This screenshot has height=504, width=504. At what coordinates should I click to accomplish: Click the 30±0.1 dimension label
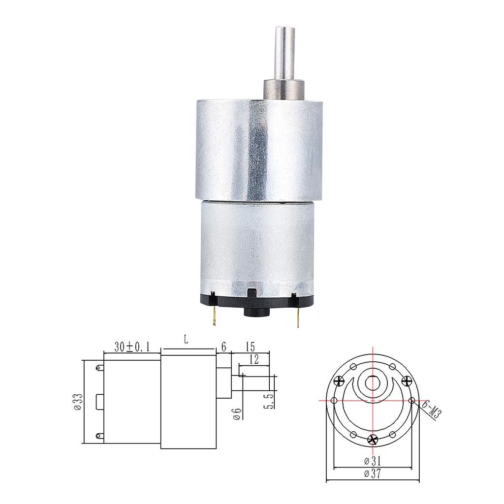coord(131,346)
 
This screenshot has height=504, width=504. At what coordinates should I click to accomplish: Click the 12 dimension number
coord(254,360)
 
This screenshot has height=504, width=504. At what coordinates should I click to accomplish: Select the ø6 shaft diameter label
coord(237,413)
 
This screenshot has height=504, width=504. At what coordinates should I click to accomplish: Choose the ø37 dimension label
coord(373,474)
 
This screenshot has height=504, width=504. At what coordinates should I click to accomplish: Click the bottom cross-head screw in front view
coord(373,440)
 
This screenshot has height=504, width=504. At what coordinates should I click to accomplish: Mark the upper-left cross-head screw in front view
coord(339,380)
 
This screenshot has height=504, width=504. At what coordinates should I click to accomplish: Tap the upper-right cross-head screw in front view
coord(407,380)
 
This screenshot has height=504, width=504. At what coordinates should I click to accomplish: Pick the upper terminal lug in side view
coord(100,367)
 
